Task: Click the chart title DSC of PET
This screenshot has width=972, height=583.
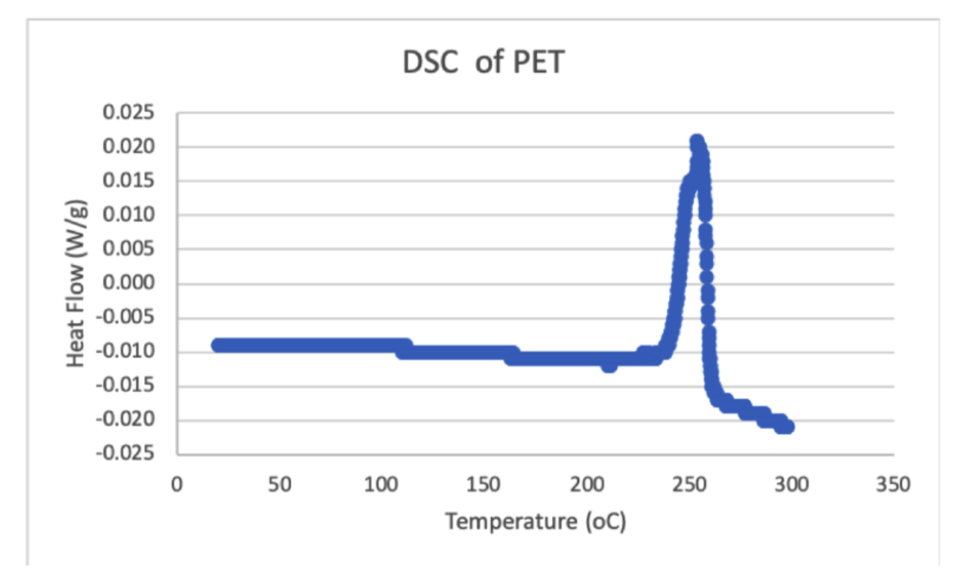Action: (x=483, y=63)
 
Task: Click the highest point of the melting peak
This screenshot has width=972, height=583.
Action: (x=697, y=141)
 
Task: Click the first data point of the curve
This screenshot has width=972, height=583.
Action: (x=217, y=345)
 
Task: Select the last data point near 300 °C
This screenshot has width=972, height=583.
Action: (x=788, y=426)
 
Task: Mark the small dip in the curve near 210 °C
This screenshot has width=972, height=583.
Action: (x=609, y=365)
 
